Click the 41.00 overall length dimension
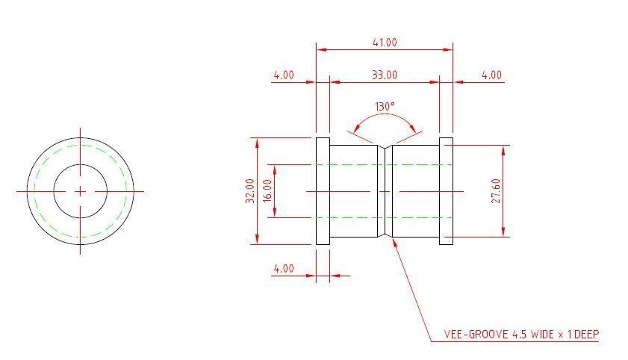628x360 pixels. coord(384,43)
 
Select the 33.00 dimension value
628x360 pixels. coord(384,75)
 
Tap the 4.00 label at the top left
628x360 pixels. coord(283,75)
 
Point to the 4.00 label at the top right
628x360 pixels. coord(491,75)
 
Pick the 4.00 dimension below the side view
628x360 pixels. coord(283,269)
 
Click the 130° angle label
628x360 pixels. coord(384,107)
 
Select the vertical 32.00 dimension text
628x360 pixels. coord(249,190)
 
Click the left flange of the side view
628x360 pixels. coord(323,191)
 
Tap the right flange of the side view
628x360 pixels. coord(446,191)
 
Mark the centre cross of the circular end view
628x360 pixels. coord(80,191)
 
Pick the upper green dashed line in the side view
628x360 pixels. coord(351,164)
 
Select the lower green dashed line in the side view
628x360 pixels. coord(351,218)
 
